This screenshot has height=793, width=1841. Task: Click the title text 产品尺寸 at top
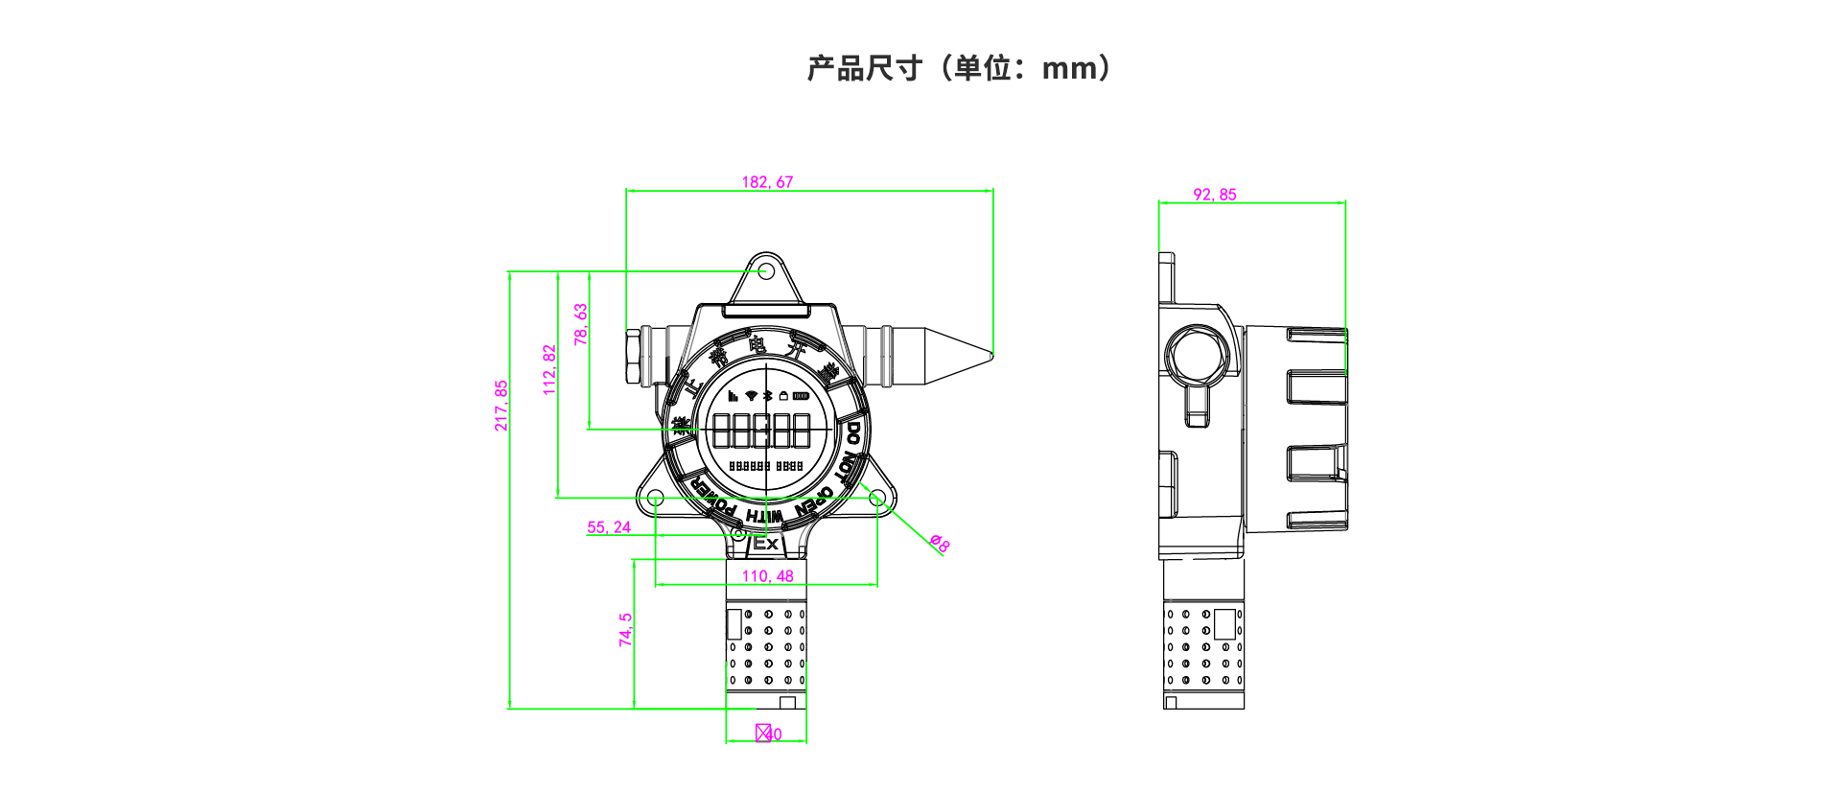[864, 69]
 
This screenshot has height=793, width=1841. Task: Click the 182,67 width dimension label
[767, 182]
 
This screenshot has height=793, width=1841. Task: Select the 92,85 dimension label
[1214, 195]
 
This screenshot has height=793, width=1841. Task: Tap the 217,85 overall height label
[501, 406]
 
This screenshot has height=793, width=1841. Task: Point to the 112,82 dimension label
[549, 370]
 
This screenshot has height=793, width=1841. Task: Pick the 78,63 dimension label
[581, 325]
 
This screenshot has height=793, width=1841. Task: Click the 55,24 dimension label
[609, 527]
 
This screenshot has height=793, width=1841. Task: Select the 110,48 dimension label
[767, 576]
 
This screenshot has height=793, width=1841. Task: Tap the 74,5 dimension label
[626, 630]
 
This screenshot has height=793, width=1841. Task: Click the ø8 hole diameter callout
[940, 544]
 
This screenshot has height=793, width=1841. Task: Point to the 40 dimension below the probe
[773, 735]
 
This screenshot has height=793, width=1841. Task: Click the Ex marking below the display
[765, 544]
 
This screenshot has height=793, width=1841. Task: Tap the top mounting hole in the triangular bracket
[766, 271]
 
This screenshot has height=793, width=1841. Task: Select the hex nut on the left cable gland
[633, 357]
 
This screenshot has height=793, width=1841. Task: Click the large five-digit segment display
[762, 431]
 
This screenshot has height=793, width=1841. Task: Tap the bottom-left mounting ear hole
[655, 499]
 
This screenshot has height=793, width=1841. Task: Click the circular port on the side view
[1196, 354]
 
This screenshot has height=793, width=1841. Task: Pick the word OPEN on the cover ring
[816, 502]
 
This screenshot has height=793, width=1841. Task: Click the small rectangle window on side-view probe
[1224, 624]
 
